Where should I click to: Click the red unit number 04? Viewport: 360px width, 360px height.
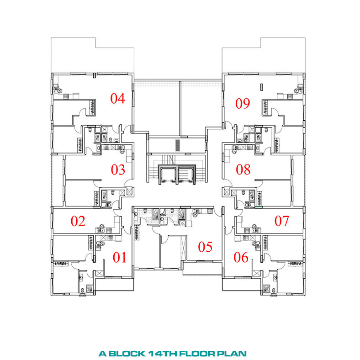[117, 98]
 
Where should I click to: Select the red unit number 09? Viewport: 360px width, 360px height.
[243, 103]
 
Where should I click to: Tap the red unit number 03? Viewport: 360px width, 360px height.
[118, 169]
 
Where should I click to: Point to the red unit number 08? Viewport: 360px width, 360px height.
[243, 169]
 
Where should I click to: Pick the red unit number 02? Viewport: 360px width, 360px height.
[78, 221]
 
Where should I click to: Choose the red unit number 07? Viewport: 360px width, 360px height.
[282, 221]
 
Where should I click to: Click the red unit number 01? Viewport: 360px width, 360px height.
[119, 257]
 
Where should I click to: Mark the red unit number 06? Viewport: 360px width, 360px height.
[241, 257]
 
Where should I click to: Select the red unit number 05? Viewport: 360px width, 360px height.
[205, 247]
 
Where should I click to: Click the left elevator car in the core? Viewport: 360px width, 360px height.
[168, 175]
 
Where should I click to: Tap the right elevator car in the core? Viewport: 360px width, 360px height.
[185, 175]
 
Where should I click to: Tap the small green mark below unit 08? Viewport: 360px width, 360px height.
[259, 207]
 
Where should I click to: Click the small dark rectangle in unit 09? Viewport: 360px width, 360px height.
[261, 87]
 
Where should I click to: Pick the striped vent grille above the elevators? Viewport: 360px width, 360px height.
[178, 145]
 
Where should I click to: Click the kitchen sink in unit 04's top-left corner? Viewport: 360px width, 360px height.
[57, 89]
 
